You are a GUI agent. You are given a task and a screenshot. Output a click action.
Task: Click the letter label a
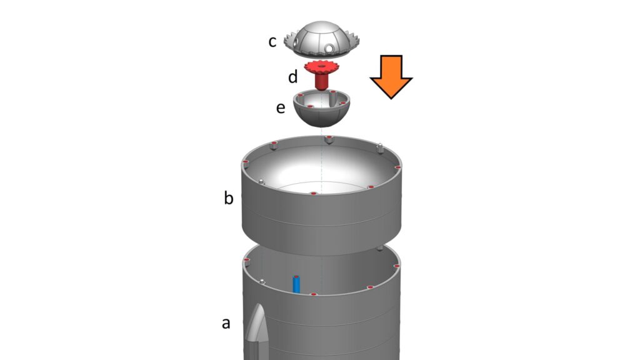tap(226, 323)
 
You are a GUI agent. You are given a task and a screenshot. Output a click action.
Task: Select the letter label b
tap(229, 198)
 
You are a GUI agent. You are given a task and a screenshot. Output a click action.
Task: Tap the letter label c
tap(272, 42)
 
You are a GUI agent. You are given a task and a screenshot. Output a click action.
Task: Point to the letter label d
tap(293, 77)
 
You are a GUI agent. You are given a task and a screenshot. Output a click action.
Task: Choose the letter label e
tap(281, 108)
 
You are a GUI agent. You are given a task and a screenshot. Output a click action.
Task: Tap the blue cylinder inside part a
tap(296, 284)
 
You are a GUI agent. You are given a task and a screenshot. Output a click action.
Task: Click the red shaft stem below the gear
tap(321, 81)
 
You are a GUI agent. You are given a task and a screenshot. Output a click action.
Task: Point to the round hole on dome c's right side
tap(329, 49)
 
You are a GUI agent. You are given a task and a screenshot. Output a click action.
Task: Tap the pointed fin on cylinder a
tap(257, 325)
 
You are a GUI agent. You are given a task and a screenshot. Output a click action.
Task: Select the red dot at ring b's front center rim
tap(312, 194)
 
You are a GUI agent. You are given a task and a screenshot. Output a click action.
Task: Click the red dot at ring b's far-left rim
tap(246, 163)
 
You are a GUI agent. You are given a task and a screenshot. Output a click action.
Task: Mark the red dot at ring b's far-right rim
tap(397, 167)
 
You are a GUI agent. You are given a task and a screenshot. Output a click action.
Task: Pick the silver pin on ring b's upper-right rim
tap(379, 147)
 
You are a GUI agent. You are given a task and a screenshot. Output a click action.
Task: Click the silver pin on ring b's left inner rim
tap(260, 182)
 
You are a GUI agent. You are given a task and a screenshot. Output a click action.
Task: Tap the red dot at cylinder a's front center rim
tap(313, 294)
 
